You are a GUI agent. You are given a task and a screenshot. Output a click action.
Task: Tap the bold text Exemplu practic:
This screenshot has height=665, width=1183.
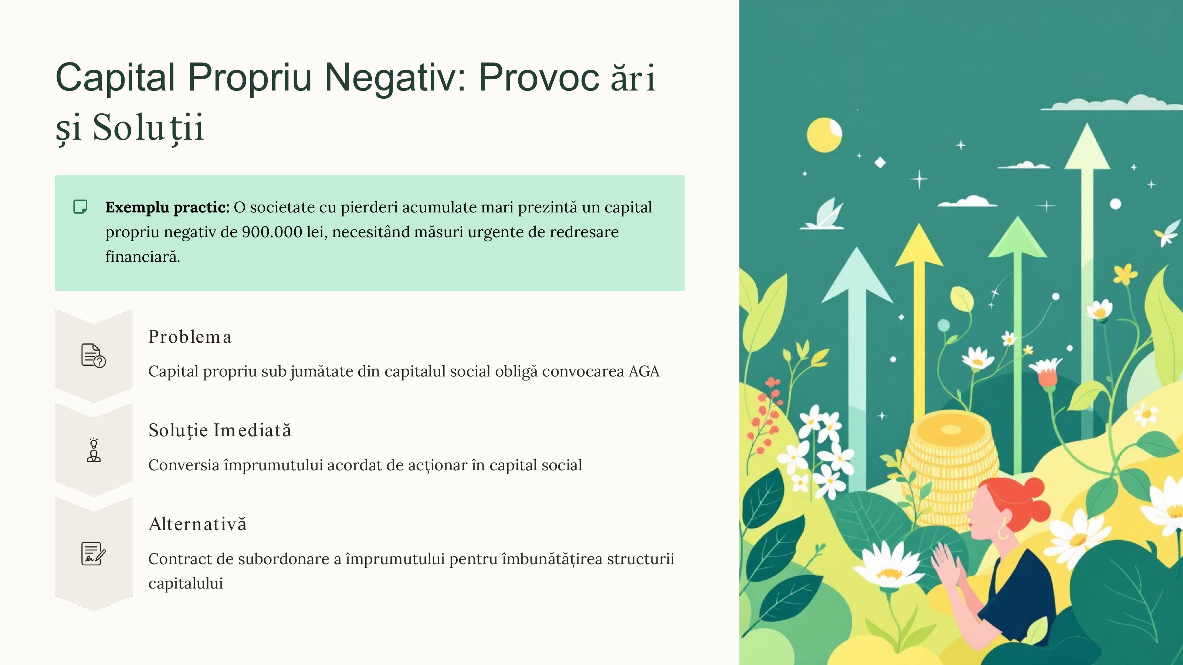coord(167,207)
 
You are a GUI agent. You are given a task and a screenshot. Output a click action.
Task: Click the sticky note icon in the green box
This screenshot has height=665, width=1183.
coord(80,207)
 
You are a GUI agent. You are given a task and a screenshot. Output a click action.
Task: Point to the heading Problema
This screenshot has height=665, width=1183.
coord(190,337)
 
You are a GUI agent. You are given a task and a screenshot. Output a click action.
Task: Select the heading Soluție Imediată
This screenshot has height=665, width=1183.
coord(220,430)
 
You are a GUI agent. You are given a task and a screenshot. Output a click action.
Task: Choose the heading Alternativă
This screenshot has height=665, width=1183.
coord(197,524)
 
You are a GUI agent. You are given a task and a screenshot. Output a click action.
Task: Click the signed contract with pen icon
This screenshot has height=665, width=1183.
coord(94,553)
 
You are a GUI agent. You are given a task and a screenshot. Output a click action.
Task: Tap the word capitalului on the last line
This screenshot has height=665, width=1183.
coord(186,583)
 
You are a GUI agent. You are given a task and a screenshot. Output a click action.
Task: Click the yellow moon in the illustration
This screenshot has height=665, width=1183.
coord(824,135)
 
